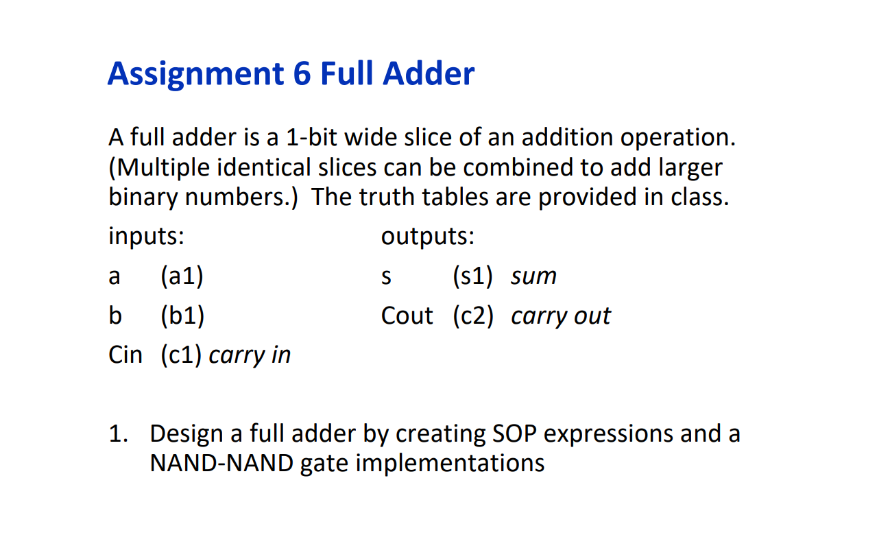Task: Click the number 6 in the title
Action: click(x=302, y=74)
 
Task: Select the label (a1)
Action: click(x=182, y=276)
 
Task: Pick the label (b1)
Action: click(x=182, y=316)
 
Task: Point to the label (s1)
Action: click(x=472, y=276)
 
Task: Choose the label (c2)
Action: click(x=472, y=316)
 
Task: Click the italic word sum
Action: click(x=533, y=277)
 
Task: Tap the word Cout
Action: click(x=407, y=316)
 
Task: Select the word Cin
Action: click(x=125, y=355)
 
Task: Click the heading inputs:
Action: click(x=146, y=237)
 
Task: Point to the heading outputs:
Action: click(x=427, y=237)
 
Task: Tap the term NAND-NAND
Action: click(x=221, y=464)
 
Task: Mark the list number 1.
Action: click(x=117, y=434)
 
